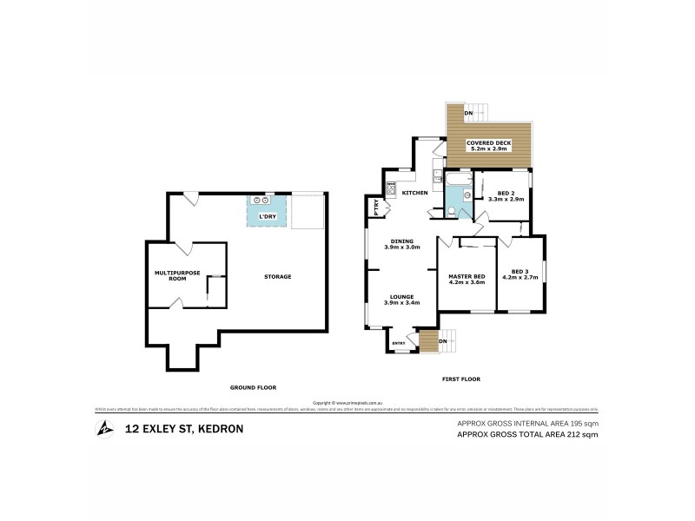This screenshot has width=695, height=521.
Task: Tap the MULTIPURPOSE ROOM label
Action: pos(176,275)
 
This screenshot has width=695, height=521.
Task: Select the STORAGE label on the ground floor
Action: pos(278,277)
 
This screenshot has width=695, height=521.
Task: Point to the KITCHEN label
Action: pos(414,192)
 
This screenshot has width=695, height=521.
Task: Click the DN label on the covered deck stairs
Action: pos(468,114)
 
